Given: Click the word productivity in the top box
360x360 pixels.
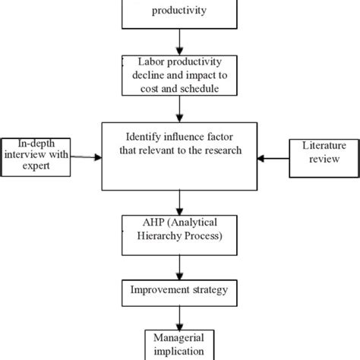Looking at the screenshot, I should (x=180, y=11).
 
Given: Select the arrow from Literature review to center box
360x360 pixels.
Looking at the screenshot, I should (x=273, y=158).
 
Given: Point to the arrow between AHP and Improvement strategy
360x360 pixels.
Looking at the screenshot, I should (x=180, y=267).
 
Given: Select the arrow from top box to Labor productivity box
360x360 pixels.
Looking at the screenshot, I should (x=180, y=40).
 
